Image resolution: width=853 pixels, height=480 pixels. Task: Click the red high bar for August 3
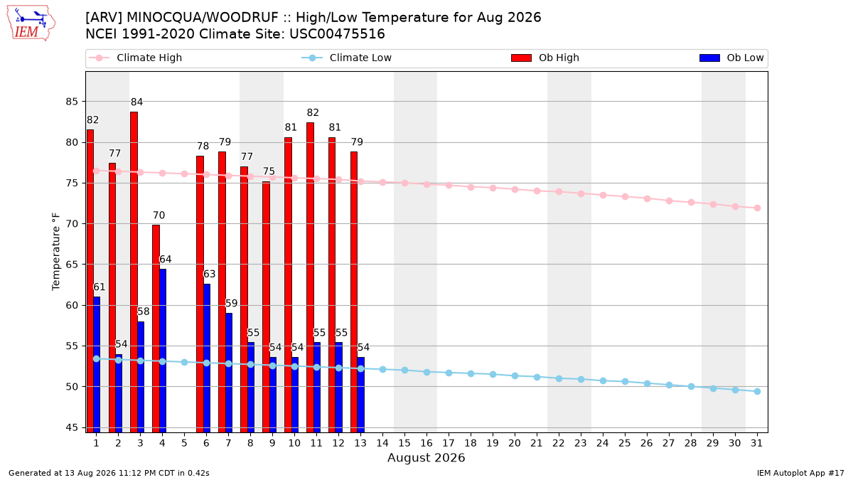coord(134,272)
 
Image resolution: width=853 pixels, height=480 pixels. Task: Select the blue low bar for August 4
coord(163,351)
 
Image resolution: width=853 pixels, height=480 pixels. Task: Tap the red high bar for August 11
coord(311,277)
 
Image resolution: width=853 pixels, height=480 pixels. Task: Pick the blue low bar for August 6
coord(207,358)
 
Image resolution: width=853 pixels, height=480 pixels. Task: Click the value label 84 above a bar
coord(136,102)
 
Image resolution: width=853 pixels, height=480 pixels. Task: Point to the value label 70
coord(159,215)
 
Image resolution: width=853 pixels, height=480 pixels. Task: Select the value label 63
coord(210,274)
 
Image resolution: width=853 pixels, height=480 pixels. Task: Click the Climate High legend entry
coord(135,58)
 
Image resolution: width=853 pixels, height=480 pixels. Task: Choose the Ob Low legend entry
coord(731,58)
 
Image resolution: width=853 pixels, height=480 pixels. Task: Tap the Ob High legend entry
coord(545,58)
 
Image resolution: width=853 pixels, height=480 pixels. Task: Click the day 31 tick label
coord(756,443)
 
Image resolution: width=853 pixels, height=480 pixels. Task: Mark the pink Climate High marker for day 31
coord(758,208)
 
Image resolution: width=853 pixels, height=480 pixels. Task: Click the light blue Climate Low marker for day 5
coord(184,362)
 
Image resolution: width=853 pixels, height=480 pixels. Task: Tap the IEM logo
coord(31,23)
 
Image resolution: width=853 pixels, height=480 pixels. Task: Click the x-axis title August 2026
coord(426,457)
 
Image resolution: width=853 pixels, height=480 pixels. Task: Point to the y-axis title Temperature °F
coord(56,252)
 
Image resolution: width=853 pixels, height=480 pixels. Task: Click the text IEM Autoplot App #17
coord(800,473)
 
